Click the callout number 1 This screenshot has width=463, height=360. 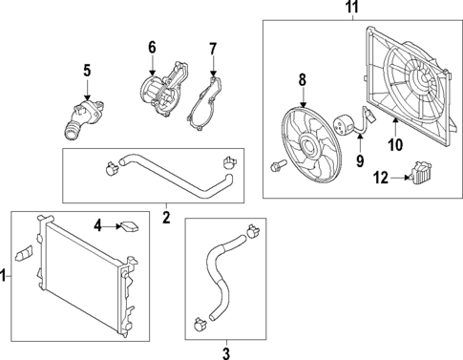coord(5,276)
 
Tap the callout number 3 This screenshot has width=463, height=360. coord(225,354)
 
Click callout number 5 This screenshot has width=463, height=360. coord(86,70)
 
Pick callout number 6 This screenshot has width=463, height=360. coord(151,47)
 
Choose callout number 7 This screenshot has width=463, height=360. coord(213,48)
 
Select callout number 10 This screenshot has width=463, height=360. coord(395,145)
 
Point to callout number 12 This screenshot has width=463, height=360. coord(380,177)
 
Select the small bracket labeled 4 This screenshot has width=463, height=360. coord(128,227)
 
